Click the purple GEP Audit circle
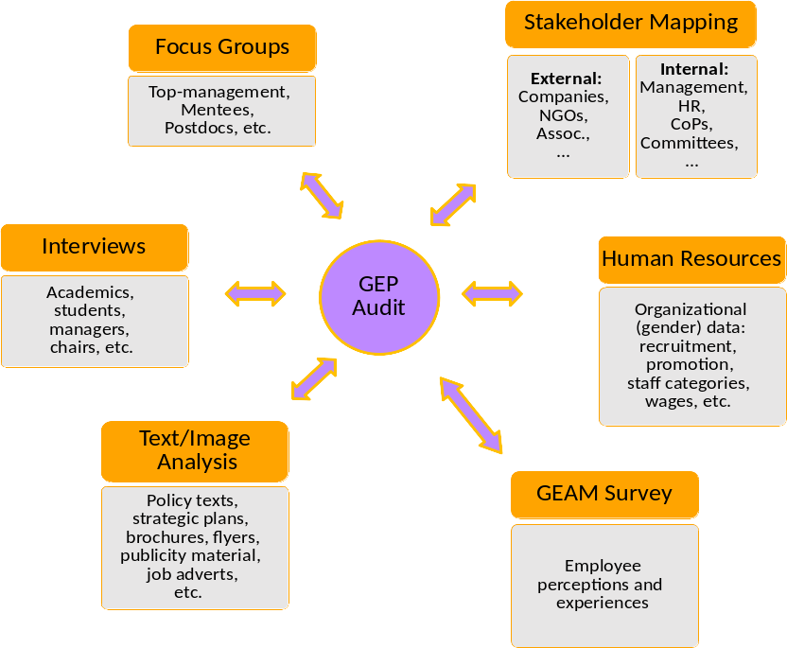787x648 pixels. [379, 296]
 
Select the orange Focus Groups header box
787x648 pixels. [221, 47]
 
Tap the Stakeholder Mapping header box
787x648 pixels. [630, 24]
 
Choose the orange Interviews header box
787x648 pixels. [94, 247]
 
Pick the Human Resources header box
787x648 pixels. [691, 259]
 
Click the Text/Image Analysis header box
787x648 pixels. [194, 450]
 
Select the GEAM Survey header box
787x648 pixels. [603, 494]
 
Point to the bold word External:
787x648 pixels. [566, 79]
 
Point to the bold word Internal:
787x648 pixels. [694, 69]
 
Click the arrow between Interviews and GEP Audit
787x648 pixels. [255, 293]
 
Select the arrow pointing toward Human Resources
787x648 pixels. [492, 293]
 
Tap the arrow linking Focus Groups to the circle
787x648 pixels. [322, 196]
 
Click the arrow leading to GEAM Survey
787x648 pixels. [471, 414]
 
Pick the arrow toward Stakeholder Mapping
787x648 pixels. [453, 204]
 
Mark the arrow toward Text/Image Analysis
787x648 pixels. [314, 378]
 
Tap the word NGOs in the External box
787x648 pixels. [562, 115]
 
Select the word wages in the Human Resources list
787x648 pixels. [667, 401]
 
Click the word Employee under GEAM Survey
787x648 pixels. [603, 566]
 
